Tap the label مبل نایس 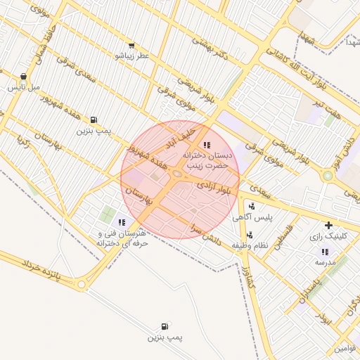coord(24,88)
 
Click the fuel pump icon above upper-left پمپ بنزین coord(94,120)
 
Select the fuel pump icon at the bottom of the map coord(165,326)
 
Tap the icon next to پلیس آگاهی coord(252,207)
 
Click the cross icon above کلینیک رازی coord(328,226)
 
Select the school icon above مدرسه coord(324,251)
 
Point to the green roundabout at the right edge coord(327,176)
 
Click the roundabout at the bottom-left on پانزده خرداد coord(82,285)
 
